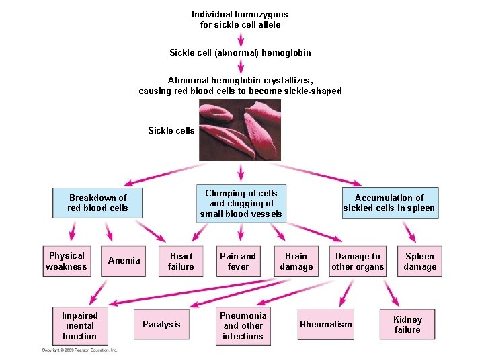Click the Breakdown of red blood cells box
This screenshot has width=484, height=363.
[98, 203]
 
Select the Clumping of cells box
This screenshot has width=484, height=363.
[241, 204]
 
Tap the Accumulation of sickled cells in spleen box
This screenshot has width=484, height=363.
[389, 203]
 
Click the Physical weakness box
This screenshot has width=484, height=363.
[67, 261]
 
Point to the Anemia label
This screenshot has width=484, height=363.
[124, 261]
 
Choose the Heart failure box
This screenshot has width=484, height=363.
[181, 261]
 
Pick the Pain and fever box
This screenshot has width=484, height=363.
[238, 261]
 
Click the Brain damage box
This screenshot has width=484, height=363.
[296, 261]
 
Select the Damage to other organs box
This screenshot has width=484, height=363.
[358, 261]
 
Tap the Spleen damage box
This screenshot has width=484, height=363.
[419, 261]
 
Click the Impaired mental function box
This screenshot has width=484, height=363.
[79, 325]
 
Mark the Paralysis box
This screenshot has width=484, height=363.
[161, 325]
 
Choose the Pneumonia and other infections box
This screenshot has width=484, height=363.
[243, 325]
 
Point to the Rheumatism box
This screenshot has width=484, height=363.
[326, 325]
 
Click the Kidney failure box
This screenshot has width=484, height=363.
[407, 325]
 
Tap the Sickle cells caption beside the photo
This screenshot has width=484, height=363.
[171, 130]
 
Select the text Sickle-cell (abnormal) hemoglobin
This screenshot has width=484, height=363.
[240, 52]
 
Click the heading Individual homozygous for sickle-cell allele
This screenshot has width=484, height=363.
[240, 19]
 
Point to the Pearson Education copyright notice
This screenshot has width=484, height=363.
[79, 350]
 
